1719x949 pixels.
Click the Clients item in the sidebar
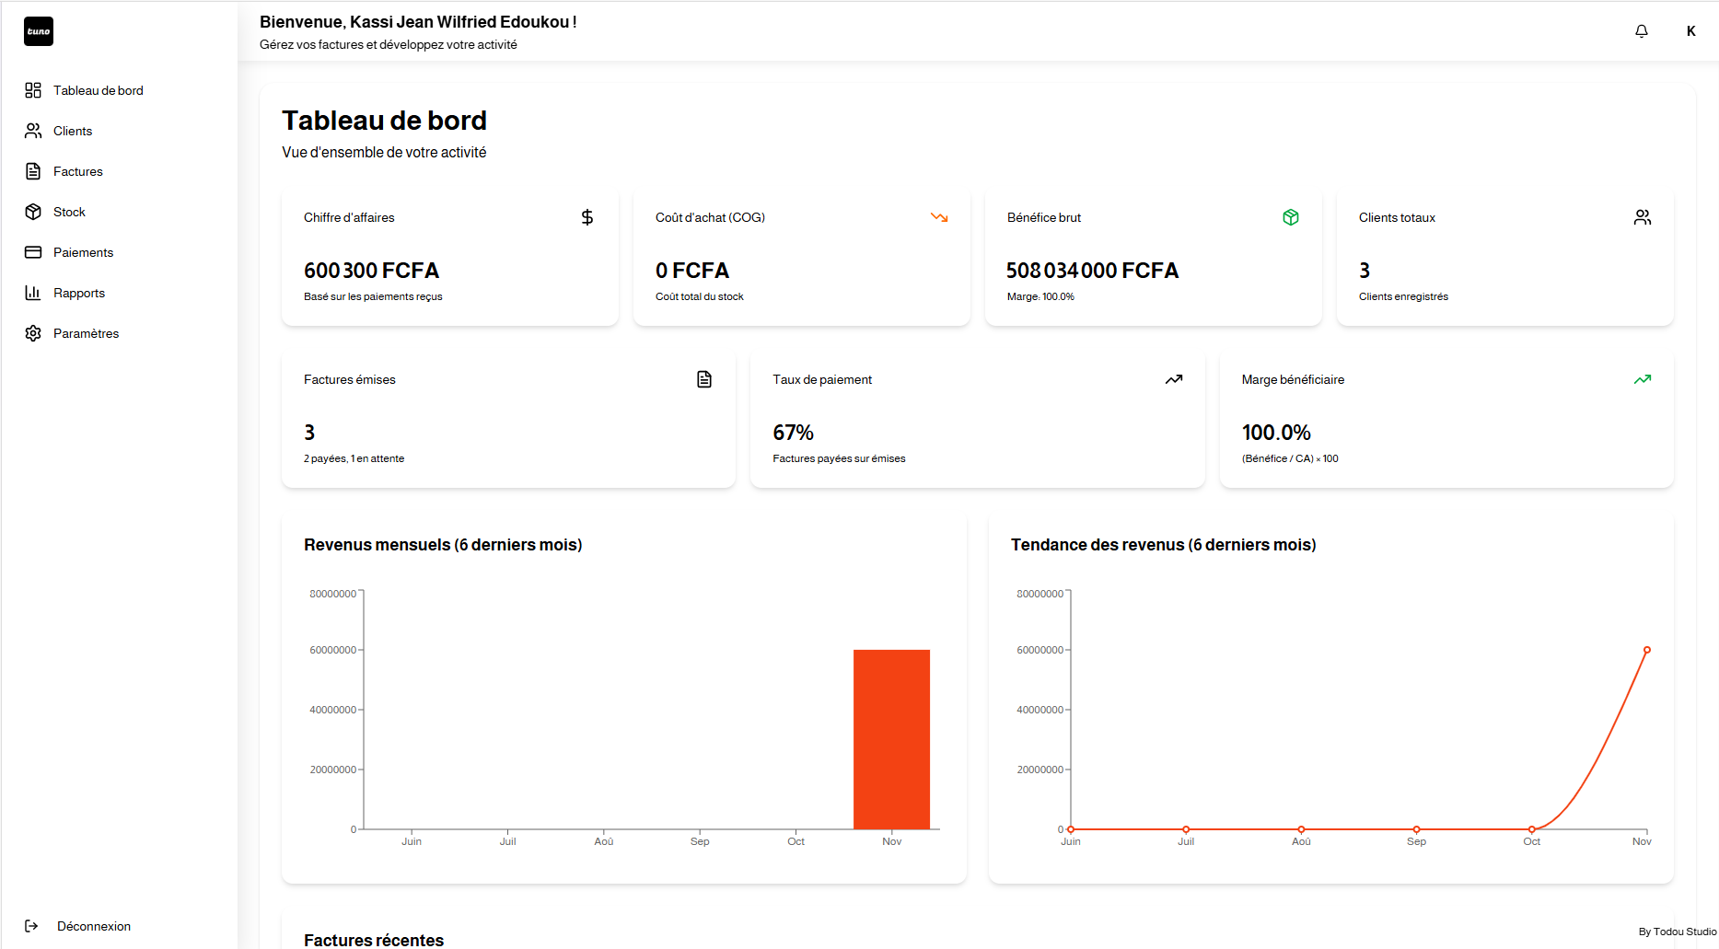(x=72, y=131)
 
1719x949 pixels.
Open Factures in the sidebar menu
(x=77, y=171)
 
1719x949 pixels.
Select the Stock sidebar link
(x=69, y=212)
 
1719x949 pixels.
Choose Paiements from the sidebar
(x=83, y=252)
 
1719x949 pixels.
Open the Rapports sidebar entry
(x=78, y=293)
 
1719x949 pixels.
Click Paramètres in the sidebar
(x=86, y=333)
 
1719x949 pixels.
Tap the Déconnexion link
(x=93, y=926)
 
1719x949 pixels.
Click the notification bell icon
(x=1641, y=31)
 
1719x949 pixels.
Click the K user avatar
(x=1690, y=31)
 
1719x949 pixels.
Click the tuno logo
(x=39, y=31)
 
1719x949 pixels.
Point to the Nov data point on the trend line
(x=1647, y=650)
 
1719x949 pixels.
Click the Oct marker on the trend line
(x=1531, y=829)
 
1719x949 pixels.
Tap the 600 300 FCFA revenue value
(x=371, y=271)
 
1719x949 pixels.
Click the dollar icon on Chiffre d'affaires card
(x=587, y=217)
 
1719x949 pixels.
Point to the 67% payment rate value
(x=793, y=433)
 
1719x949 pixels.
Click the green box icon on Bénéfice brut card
(x=1291, y=217)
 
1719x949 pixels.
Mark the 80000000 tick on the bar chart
(x=332, y=594)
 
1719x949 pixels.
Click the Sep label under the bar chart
(x=700, y=841)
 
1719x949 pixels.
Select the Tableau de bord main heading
(x=384, y=121)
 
